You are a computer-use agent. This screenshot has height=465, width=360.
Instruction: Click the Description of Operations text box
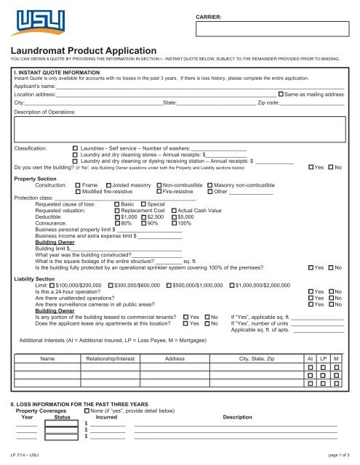click(180, 128)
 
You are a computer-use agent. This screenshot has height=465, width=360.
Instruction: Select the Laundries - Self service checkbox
click(75, 147)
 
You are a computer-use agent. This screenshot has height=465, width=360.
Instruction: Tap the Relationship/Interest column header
click(110, 359)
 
